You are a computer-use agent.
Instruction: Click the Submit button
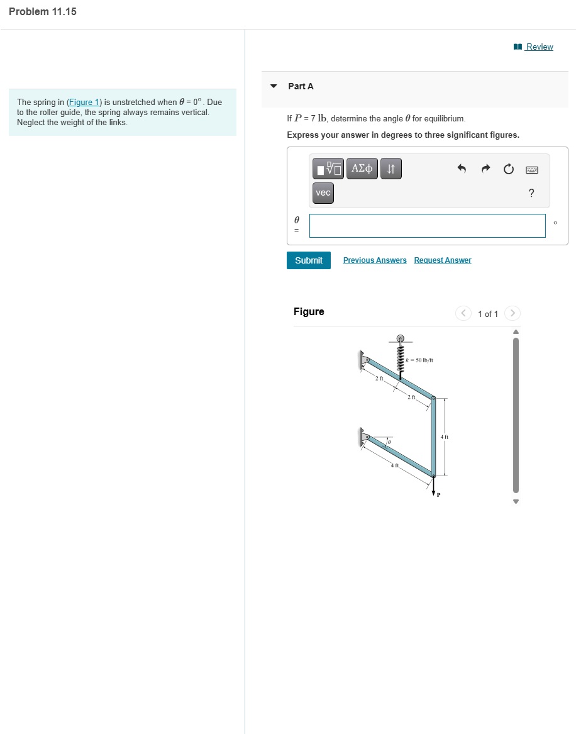coord(308,260)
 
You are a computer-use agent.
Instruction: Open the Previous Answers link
coord(375,260)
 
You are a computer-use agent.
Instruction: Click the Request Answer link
coord(442,260)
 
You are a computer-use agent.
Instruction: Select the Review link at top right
coord(539,47)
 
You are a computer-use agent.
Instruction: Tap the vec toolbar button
coord(323,193)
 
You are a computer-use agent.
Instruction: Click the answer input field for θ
coord(427,226)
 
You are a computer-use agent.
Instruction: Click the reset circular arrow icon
coord(508,169)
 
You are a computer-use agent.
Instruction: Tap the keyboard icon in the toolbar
coord(531,169)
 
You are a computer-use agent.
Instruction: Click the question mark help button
coord(531,193)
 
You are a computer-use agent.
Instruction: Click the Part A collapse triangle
coord(274,86)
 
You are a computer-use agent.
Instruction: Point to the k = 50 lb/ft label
coord(419,360)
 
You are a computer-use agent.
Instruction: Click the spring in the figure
coord(399,357)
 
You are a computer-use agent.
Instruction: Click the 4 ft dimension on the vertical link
coord(444,436)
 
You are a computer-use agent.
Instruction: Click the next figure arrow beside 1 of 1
coord(512,313)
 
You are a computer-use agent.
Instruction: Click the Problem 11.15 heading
coord(43,12)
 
